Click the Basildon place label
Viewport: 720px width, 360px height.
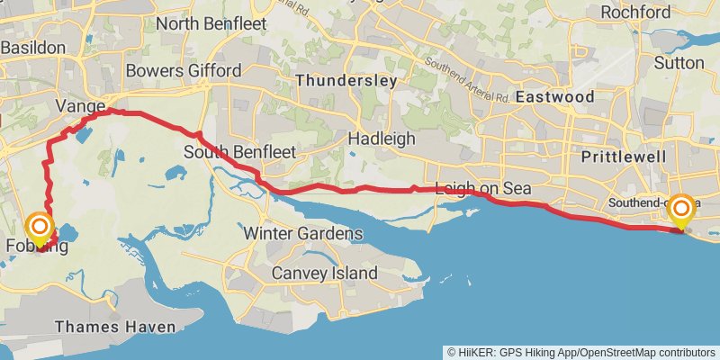click(x=33, y=47)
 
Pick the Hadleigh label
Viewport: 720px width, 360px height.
click(x=382, y=139)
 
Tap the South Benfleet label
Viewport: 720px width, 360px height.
click(x=239, y=152)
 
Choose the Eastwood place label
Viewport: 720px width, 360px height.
click(x=555, y=96)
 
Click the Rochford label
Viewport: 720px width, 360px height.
click(x=635, y=13)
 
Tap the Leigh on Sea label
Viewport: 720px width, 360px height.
click(x=482, y=189)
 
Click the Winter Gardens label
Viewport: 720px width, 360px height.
click(x=303, y=234)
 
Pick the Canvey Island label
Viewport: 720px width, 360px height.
click(x=325, y=273)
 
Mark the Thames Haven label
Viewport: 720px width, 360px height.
click(x=108, y=327)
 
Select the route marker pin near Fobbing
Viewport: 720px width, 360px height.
click(x=40, y=229)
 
